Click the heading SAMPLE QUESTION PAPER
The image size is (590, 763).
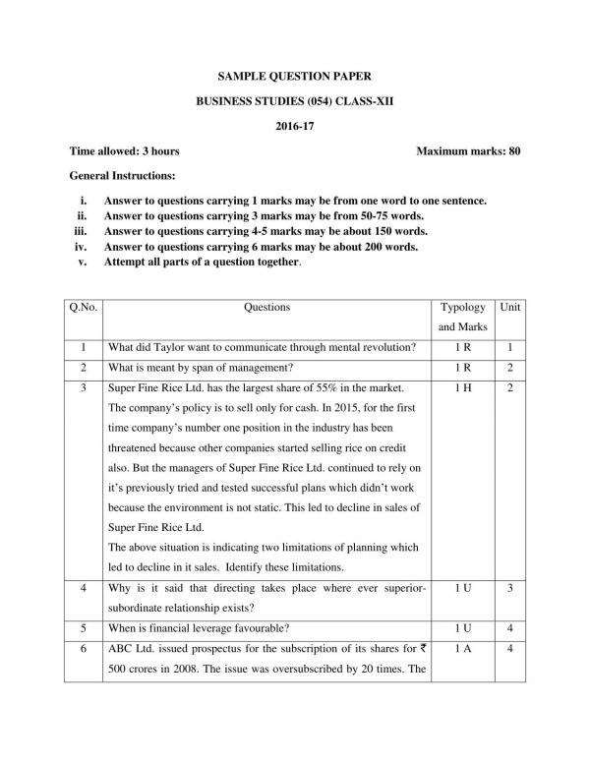(x=295, y=75)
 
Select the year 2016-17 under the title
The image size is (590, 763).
(x=295, y=126)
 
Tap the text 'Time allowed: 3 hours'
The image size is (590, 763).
(x=124, y=151)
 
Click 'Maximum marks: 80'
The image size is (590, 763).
(x=468, y=151)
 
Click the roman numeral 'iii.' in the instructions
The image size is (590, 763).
(x=83, y=231)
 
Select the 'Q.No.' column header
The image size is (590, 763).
(x=84, y=308)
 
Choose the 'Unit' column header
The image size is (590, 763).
(x=509, y=308)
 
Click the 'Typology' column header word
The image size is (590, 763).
(x=462, y=308)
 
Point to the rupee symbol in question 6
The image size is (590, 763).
(x=422, y=649)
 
